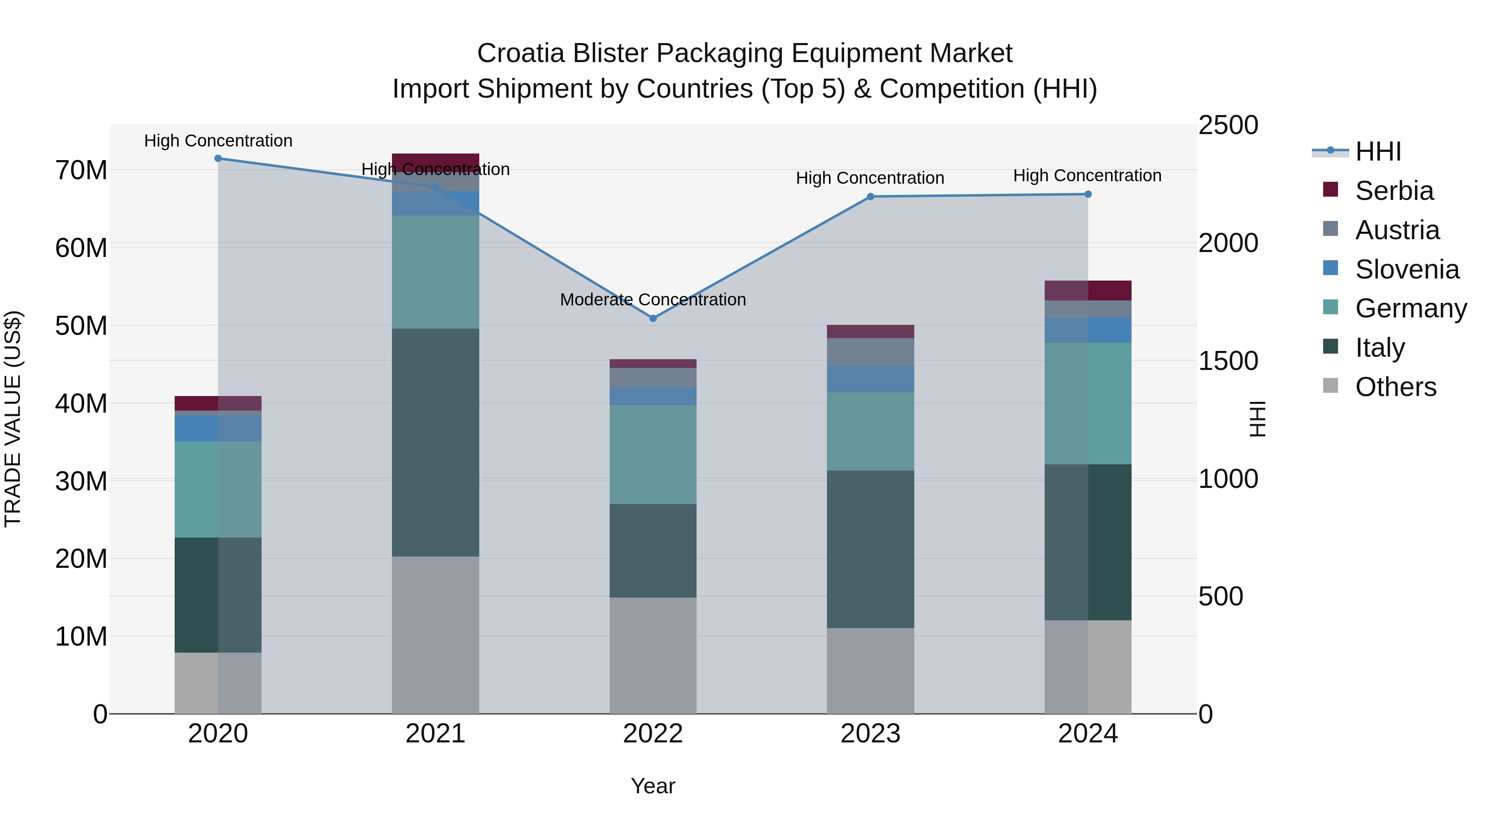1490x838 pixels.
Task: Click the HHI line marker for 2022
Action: click(653, 318)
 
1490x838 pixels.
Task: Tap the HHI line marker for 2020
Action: click(218, 158)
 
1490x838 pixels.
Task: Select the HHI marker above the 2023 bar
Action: click(870, 197)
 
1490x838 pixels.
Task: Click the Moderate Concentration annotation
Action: click(653, 300)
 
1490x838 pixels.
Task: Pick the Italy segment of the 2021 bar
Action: click(435, 442)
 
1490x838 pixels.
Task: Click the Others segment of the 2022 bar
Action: click(653, 655)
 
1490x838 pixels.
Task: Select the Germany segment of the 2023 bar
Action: click(870, 432)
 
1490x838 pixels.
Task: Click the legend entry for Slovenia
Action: click(1407, 269)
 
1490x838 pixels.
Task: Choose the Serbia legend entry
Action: click(1394, 191)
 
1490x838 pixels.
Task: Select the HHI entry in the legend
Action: click(1378, 151)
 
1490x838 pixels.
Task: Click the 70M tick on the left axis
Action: click(81, 170)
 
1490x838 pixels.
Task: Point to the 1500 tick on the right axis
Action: click(1228, 361)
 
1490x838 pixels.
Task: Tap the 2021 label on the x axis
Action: click(435, 734)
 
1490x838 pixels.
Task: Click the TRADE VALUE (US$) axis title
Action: click(13, 419)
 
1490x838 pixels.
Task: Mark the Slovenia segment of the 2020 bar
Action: click(218, 429)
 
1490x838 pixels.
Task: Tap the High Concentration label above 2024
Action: click(1087, 175)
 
